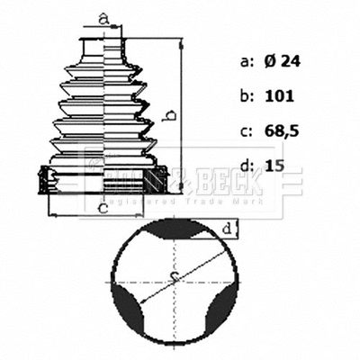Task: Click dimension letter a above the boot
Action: point(103,17)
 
